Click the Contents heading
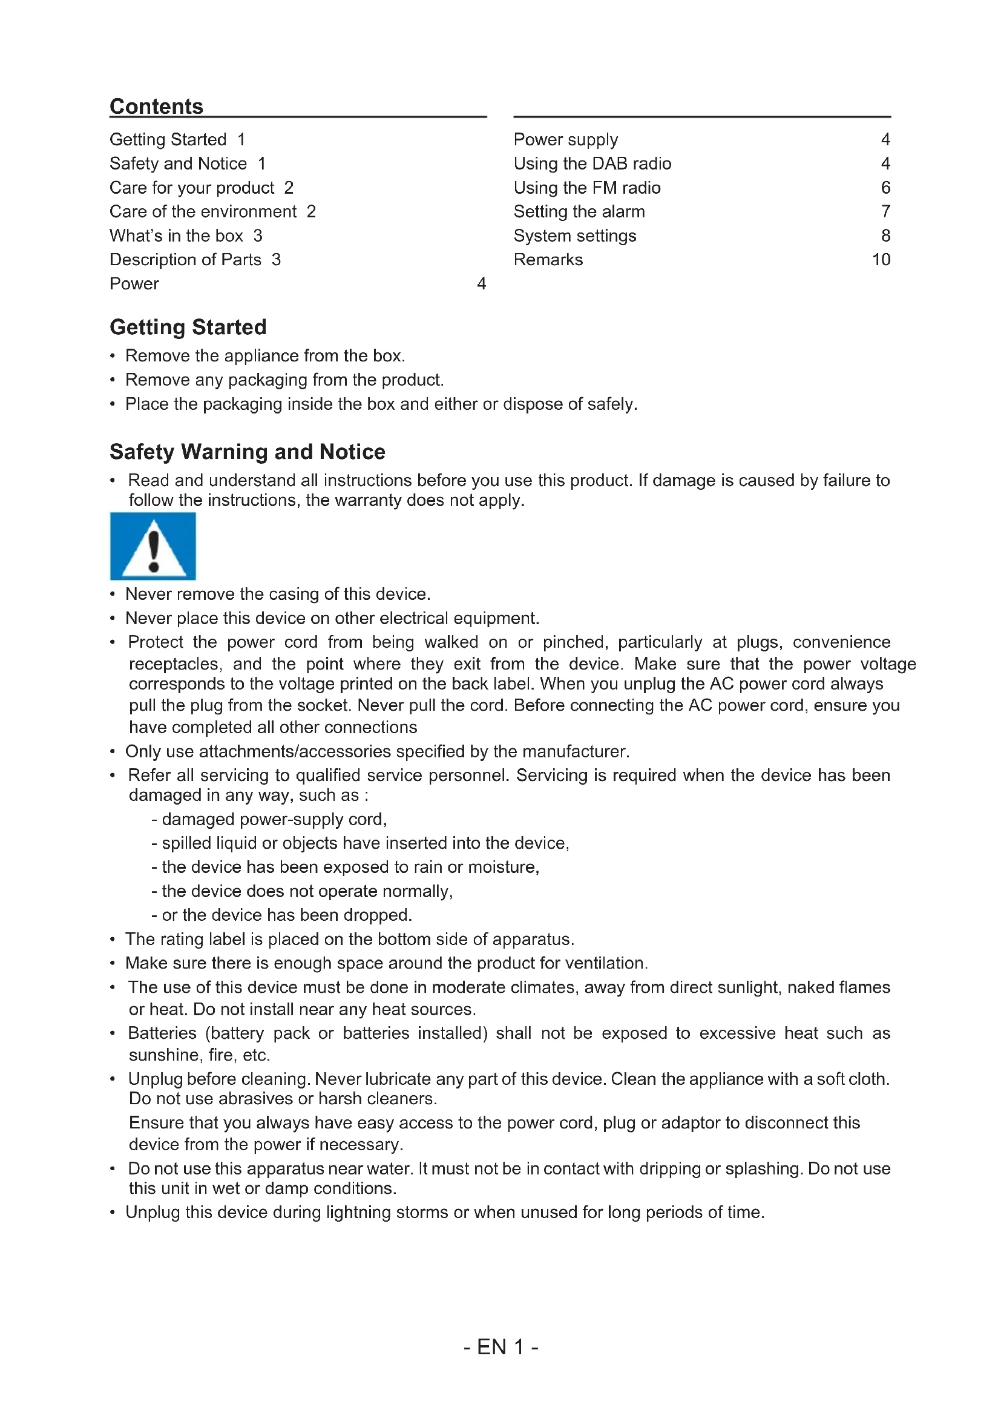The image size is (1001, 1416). [x=157, y=106]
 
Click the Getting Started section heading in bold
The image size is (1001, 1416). [x=188, y=327]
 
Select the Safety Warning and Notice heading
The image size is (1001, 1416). [x=247, y=452]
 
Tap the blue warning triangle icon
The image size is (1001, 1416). [x=153, y=547]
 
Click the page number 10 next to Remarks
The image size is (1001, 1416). [x=881, y=260]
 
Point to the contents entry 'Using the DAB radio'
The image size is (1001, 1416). [x=592, y=163]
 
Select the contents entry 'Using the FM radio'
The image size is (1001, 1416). [x=587, y=188]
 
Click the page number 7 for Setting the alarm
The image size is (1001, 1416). [x=885, y=211]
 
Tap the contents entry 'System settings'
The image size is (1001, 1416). [x=574, y=235]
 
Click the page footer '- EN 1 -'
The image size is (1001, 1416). [x=500, y=1346]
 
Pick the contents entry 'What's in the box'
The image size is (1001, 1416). [x=176, y=235]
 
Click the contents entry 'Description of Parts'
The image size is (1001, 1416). [x=186, y=260]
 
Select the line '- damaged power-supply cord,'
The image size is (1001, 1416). [x=269, y=819]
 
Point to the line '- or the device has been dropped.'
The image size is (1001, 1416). [x=281, y=915]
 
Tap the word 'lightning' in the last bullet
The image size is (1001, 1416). [x=358, y=1212]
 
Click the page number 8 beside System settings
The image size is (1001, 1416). [x=885, y=235]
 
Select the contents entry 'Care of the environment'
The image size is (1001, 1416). [x=203, y=211]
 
